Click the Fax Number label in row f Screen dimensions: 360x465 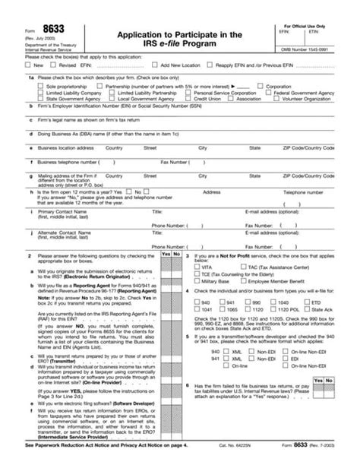[174, 162]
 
